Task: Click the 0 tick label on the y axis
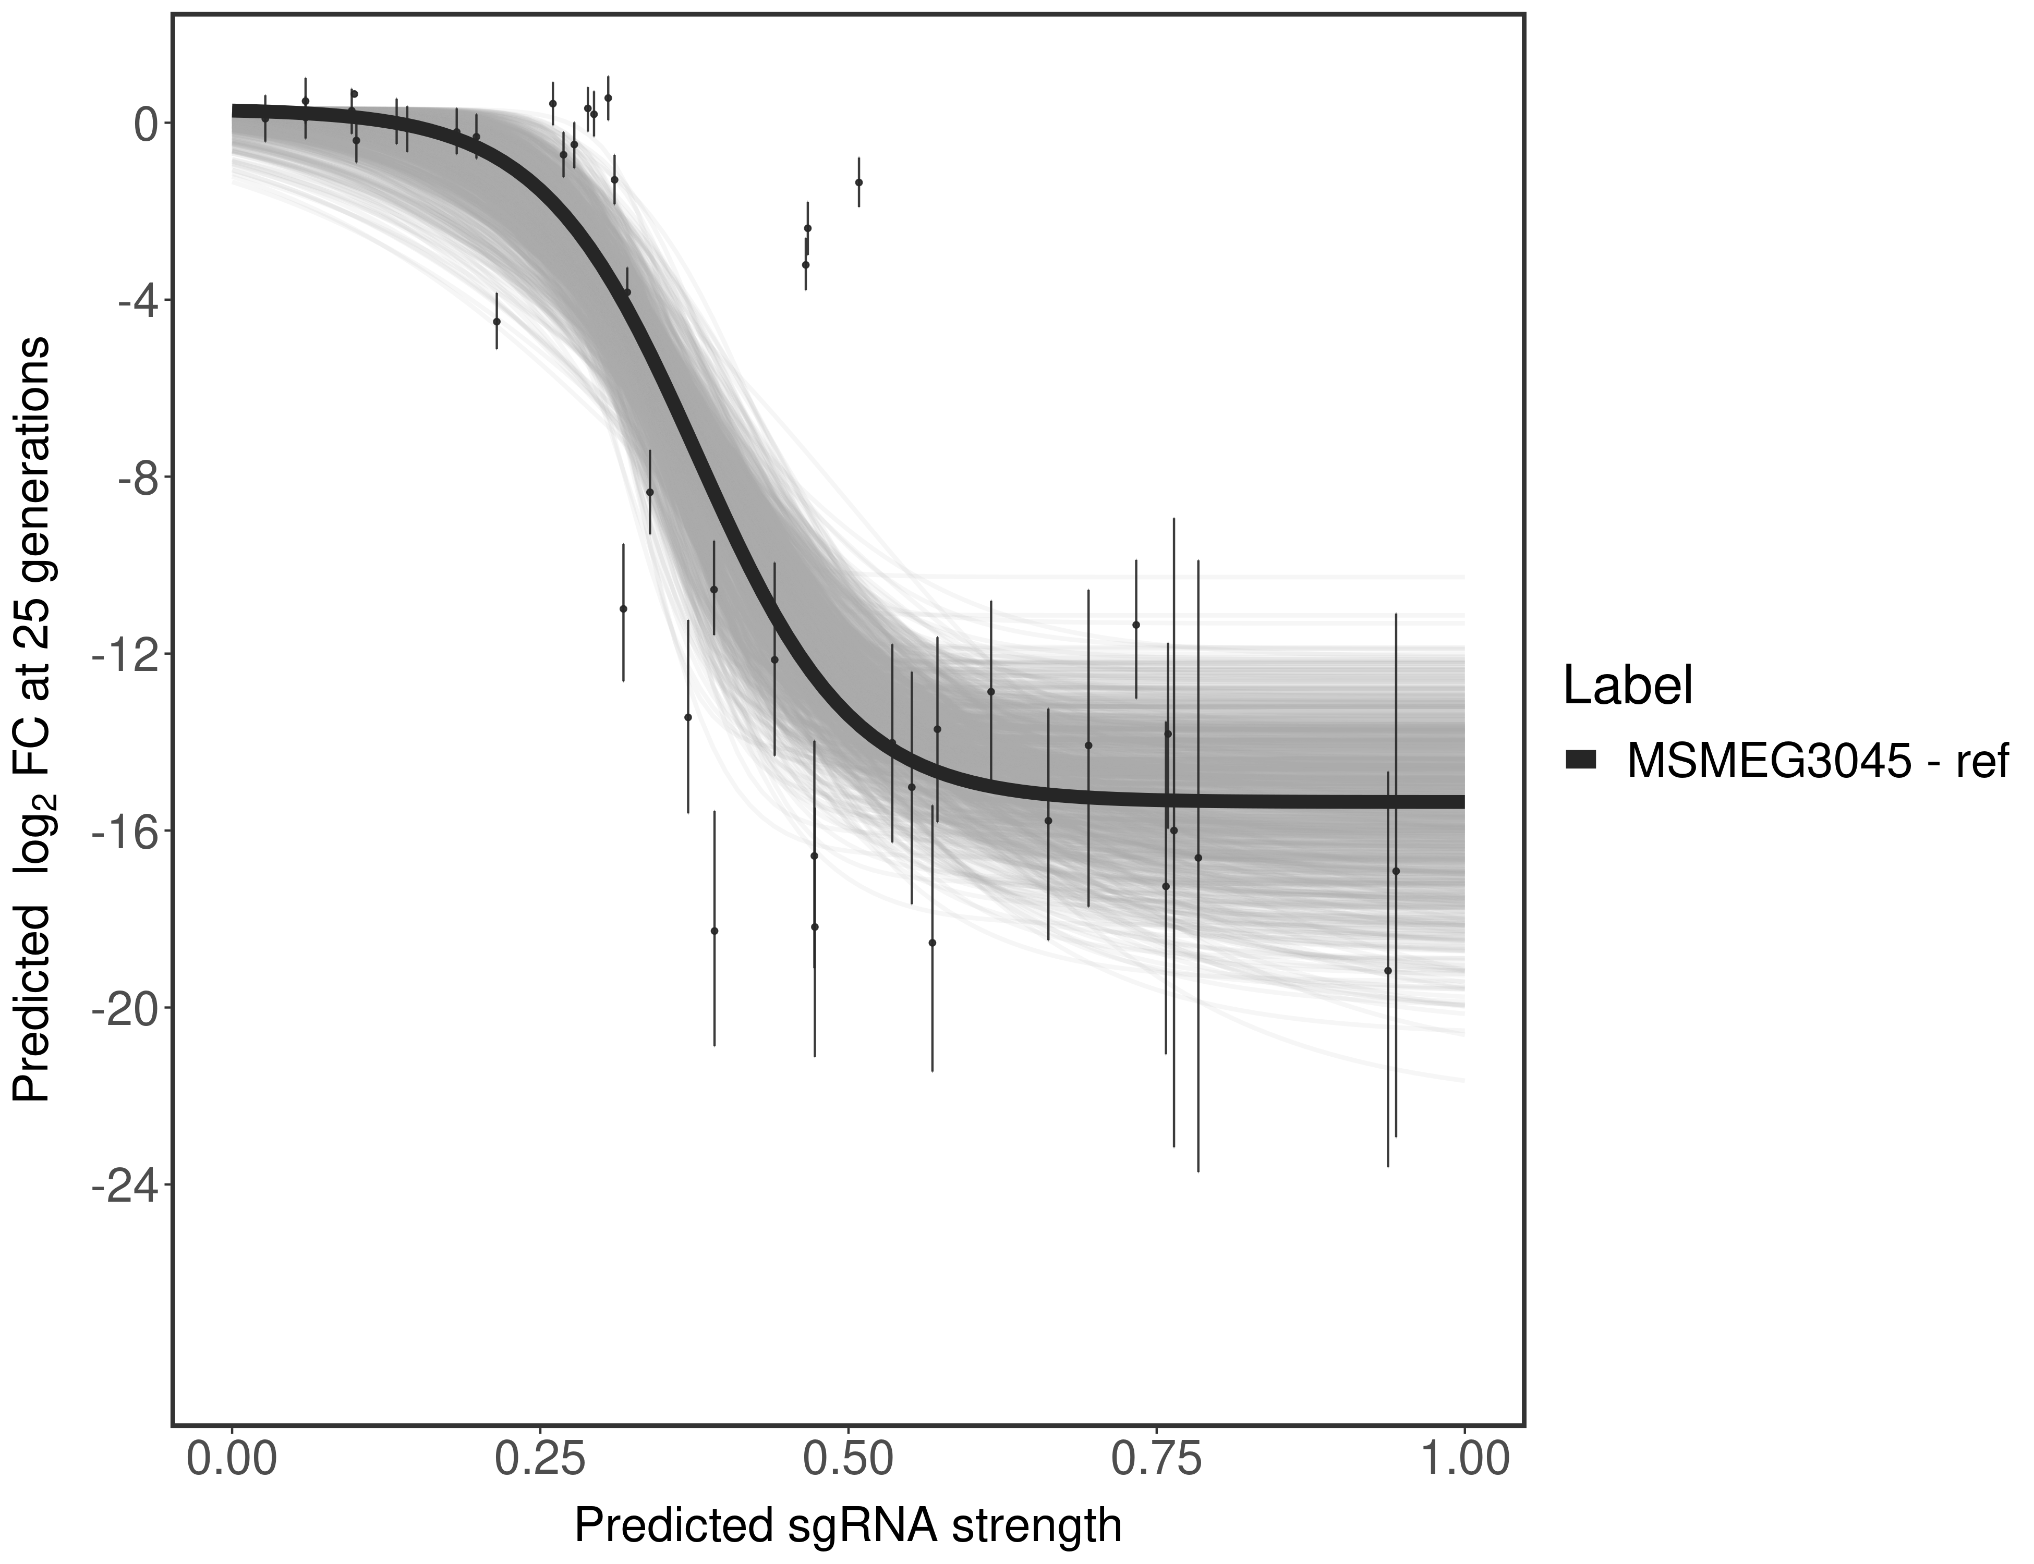pos(146,124)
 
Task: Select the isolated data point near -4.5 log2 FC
pos(497,321)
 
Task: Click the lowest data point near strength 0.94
pos(1388,971)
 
